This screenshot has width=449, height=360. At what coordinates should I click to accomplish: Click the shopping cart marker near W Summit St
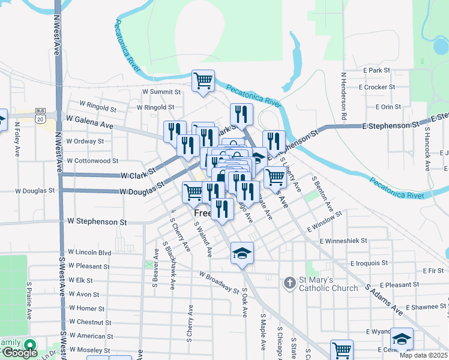point(203,80)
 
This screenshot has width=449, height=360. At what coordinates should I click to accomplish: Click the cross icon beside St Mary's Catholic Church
point(289,282)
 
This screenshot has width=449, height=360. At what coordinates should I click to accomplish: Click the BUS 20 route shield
point(40,116)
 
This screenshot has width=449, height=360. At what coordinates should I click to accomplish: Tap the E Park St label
point(376,70)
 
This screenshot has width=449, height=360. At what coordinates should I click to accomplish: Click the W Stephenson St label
point(97,222)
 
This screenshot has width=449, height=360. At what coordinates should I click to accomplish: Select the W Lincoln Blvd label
point(89,252)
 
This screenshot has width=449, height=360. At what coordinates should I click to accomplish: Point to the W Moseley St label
point(88,349)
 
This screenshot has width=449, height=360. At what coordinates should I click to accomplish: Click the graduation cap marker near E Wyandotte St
point(402,338)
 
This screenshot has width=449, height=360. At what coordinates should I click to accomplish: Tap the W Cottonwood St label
point(92,161)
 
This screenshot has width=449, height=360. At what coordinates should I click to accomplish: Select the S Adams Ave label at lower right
point(384,300)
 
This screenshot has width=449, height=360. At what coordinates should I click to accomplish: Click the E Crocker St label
point(376,87)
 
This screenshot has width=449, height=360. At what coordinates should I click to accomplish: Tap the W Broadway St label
point(219,281)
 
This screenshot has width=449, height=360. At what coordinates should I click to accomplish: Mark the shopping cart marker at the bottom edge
point(342,350)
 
